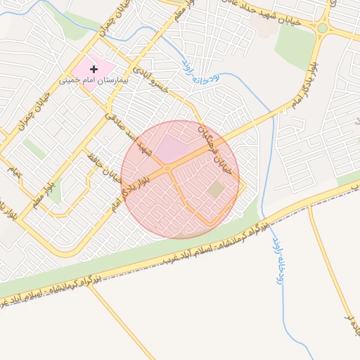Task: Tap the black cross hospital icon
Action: pyautogui.click(x=94, y=69)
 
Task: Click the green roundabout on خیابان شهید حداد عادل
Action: pyautogui.click(x=323, y=28)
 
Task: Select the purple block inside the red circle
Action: pyautogui.click(x=168, y=150)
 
